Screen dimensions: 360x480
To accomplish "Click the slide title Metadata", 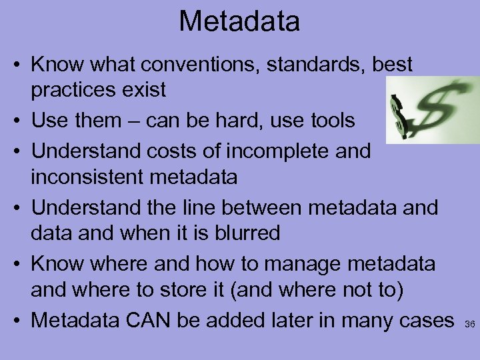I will pos(239,21).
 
